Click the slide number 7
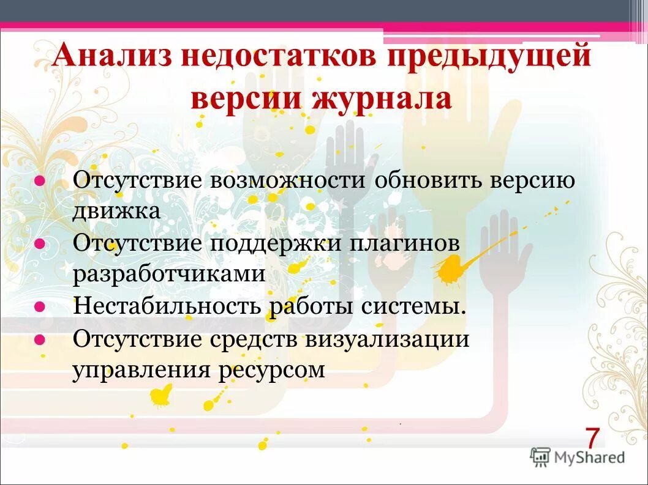(591, 439)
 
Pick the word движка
(116, 211)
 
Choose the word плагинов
(405, 243)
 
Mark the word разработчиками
(170, 274)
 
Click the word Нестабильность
(167, 306)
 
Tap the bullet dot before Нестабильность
(39, 306)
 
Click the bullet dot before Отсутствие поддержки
(39, 243)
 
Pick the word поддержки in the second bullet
(280, 243)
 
